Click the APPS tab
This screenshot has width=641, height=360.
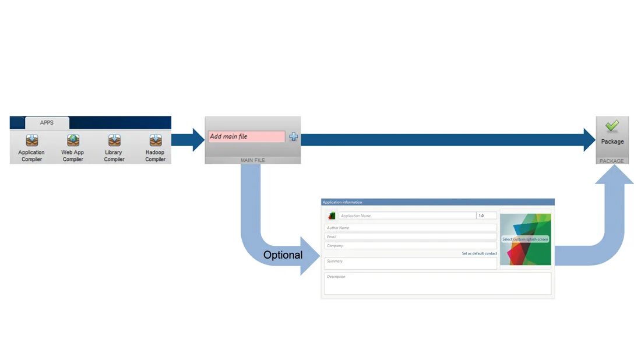pyautogui.click(x=47, y=123)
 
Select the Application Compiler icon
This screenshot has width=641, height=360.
pyautogui.click(x=31, y=141)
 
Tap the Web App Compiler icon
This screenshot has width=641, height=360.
pyautogui.click(x=73, y=141)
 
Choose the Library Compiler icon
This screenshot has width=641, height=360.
pyautogui.click(x=114, y=141)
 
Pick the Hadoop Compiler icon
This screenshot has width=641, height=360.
pyautogui.click(x=155, y=141)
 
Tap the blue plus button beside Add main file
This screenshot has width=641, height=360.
pyautogui.click(x=293, y=136)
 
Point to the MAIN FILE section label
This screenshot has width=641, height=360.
pyautogui.click(x=252, y=160)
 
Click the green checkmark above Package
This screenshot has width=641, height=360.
pyautogui.click(x=612, y=126)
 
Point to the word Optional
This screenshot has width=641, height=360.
pyautogui.click(x=283, y=255)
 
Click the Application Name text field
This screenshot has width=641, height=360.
pyautogui.click(x=407, y=216)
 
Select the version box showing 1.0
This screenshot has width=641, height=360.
pyautogui.click(x=486, y=216)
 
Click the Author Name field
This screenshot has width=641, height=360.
pyautogui.click(x=411, y=228)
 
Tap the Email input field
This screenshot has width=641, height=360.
pyautogui.click(x=411, y=237)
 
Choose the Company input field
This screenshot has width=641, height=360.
pyautogui.click(x=411, y=246)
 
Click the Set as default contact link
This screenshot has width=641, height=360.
pyautogui.click(x=479, y=253)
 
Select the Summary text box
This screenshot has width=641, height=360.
pyautogui.click(x=411, y=263)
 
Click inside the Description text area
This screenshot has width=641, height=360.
pyautogui.click(x=437, y=284)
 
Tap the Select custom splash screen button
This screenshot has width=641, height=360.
pyautogui.click(x=525, y=239)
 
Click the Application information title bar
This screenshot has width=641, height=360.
pyautogui.click(x=437, y=202)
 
